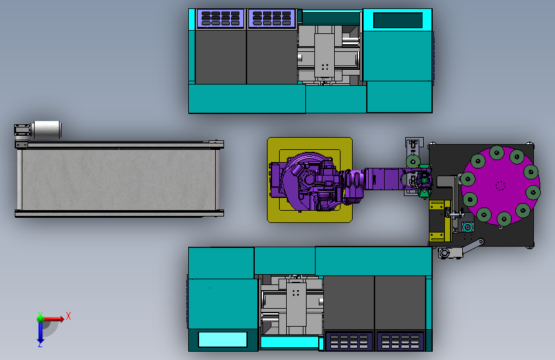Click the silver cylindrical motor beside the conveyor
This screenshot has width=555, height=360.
47,129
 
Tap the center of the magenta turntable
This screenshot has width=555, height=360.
500,186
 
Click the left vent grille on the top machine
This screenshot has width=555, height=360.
220,19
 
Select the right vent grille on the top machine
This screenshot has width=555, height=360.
272,19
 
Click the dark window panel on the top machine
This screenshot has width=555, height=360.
398,20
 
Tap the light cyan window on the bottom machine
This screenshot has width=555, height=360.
223,340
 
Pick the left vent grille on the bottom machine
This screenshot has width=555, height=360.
349,341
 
